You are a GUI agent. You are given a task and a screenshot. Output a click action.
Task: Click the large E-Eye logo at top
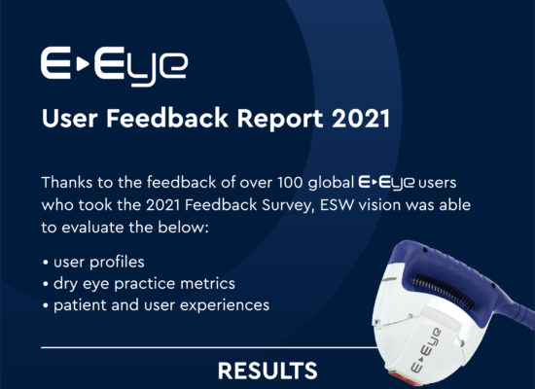click(114, 66)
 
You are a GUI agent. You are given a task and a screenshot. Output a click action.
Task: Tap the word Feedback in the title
click(167, 118)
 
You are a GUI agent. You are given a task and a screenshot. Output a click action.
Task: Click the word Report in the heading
click(280, 119)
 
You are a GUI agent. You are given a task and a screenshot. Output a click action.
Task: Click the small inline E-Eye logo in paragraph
click(386, 183)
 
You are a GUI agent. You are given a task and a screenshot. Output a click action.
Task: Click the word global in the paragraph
click(331, 183)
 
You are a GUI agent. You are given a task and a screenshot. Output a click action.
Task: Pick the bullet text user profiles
click(99, 263)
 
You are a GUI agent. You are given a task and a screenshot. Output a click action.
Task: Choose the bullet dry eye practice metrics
click(144, 284)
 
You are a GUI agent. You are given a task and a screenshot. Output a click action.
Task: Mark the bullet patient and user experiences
click(161, 305)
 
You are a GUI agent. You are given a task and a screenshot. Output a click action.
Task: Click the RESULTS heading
click(267, 371)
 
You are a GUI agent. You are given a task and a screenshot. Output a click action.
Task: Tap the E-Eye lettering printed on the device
click(425, 350)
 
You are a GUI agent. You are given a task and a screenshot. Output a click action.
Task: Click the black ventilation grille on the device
click(444, 292)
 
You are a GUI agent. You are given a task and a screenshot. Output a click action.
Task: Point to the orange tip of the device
click(407, 379)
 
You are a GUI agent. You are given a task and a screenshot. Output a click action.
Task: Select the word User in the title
click(70, 119)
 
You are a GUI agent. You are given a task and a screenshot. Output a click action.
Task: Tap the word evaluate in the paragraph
click(92, 228)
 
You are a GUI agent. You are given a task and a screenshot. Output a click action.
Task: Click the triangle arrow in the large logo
click(83, 64)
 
